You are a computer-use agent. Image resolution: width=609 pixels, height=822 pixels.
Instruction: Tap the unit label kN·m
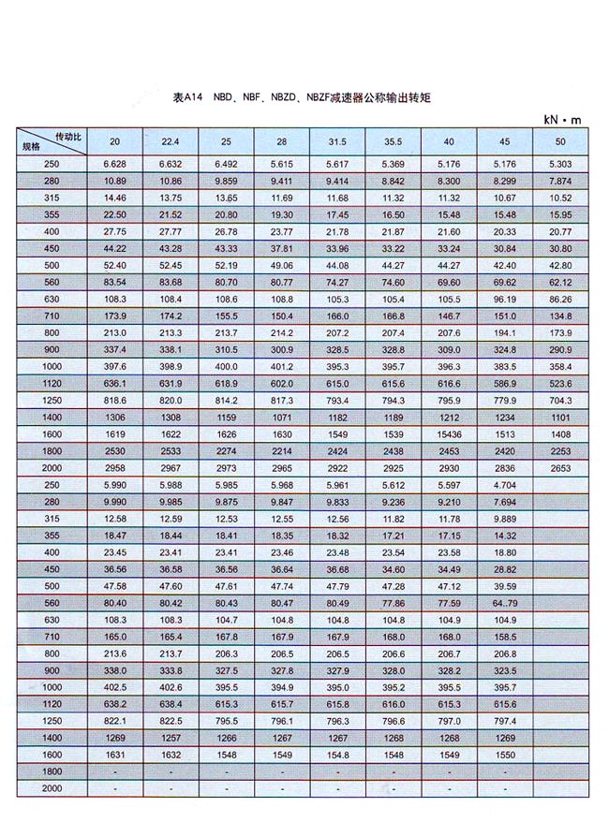(562, 120)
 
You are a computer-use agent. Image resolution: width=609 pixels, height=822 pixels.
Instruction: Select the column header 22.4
(171, 141)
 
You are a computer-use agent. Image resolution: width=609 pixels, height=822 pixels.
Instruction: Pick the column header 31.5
(337, 141)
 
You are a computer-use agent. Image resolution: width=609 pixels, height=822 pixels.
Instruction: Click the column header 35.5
(394, 141)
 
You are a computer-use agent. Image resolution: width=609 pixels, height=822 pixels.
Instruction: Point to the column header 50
(561, 141)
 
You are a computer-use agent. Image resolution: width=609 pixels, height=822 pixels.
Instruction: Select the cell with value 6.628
(115, 164)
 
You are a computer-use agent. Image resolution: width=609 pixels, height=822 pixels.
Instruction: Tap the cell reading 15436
(449, 434)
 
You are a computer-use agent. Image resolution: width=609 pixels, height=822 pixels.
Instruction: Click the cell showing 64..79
(505, 603)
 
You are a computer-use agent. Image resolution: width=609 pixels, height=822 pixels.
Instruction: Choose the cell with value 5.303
(561, 164)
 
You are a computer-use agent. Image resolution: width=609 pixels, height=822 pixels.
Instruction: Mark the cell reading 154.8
(337, 755)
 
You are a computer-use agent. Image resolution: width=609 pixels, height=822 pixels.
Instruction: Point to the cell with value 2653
(561, 468)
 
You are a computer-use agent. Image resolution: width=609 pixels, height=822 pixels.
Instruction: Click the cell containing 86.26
(561, 299)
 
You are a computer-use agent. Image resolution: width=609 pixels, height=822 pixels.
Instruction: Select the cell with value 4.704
(505, 485)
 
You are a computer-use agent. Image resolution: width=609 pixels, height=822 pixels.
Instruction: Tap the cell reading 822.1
(115, 721)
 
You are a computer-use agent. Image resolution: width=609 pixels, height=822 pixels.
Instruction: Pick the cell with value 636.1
(115, 384)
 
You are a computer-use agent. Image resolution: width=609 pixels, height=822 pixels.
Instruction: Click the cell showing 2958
(115, 468)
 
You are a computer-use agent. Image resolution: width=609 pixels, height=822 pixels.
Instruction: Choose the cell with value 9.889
(505, 519)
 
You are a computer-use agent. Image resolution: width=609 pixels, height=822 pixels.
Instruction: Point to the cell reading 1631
(115, 755)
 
